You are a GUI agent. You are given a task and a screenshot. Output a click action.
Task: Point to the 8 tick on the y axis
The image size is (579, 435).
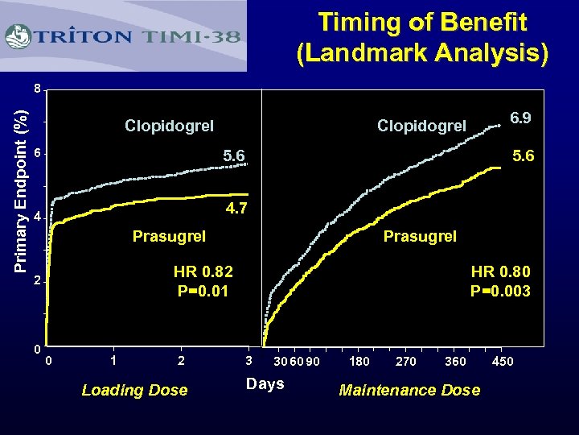click(37, 88)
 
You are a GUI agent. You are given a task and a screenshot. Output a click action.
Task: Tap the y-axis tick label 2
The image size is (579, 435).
click(37, 283)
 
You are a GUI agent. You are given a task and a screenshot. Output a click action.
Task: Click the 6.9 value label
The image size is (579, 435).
click(520, 118)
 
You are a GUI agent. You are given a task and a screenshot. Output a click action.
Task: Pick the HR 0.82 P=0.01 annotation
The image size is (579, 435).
click(203, 280)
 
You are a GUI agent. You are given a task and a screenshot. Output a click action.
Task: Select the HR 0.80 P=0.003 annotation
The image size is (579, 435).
click(500, 280)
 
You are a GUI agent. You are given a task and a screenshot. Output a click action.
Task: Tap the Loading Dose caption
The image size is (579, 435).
click(134, 390)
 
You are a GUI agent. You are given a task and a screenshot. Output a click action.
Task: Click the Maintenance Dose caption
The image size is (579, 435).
click(409, 390)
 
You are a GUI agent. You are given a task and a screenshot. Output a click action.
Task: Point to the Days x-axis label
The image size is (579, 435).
click(265, 383)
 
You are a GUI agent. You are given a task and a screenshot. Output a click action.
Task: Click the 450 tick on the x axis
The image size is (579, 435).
click(503, 361)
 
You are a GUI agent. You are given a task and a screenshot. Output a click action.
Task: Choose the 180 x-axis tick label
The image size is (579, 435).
click(359, 361)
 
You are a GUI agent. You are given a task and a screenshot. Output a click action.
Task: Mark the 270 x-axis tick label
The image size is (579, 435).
click(406, 361)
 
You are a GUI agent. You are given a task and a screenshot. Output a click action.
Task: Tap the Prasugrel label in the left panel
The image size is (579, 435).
click(169, 236)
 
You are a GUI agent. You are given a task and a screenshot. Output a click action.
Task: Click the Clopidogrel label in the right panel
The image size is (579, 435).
click(421, 126)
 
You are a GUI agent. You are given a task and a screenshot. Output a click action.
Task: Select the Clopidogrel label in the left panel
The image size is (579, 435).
click(169, 126)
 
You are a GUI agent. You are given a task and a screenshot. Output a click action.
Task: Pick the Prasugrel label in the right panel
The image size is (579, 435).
click(420, 236)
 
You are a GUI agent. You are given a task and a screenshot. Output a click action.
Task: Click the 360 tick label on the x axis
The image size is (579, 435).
click(454, 361)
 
